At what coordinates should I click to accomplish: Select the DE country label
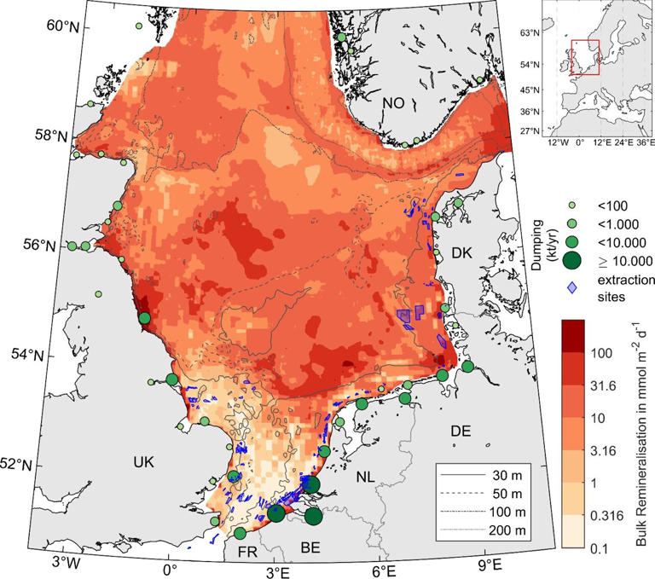[461, 432]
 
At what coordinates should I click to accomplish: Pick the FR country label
[247, 553]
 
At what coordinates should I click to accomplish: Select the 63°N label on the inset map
[530, 32]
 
